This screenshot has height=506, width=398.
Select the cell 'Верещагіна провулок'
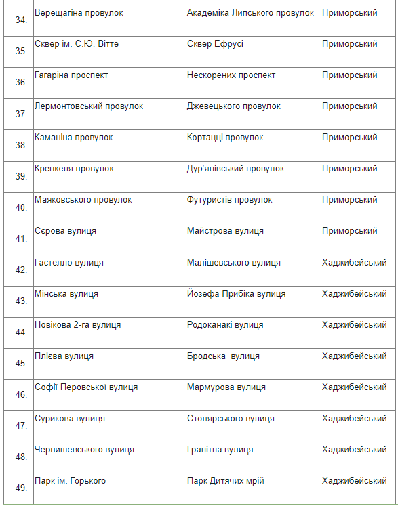pyautogui.click(x=74, y=13)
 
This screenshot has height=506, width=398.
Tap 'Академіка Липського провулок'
pyautogui.click(x=250, y=13)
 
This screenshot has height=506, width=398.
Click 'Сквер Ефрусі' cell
pyautogui.click(x=215, y=44)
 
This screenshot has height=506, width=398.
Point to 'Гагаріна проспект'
pyautogui.click(x=71, y=75)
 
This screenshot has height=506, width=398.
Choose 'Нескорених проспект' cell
pyautogui.click(x=231, y=75)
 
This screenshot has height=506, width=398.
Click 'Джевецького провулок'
pyautogui.click(x=233, y=106)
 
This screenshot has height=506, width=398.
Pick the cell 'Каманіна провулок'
pyautogui.click(x=74, y=138)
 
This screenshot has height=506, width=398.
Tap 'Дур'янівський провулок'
pyautogui.click(x=235, y=169)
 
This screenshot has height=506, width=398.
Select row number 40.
pyautogui.click(x=20, y=207)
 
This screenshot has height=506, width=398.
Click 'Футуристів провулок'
pyautogui.click(x=229, y=200)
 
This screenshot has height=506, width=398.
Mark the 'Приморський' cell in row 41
pyautogui.click(x=350, y=231)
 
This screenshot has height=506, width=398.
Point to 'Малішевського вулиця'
pyautogui.click(x=233, y=263)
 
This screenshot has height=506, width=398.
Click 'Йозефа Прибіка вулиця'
pyautogui.click(x=236, y=294)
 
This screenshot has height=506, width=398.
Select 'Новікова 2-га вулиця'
pyautogui.click(x=78, y=325)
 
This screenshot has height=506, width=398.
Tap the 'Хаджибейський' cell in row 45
pyautogui.click(x=355, y=356)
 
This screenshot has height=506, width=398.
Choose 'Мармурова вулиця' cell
pyautogui.click(x=226, y=387)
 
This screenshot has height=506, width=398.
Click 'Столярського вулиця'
pyautogui.click(x=230, y=419)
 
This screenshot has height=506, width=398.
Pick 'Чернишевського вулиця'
pyautogui.click(x=84, y=450)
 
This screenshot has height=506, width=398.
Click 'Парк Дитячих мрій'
pyautogui.click(x=225, y=481)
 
